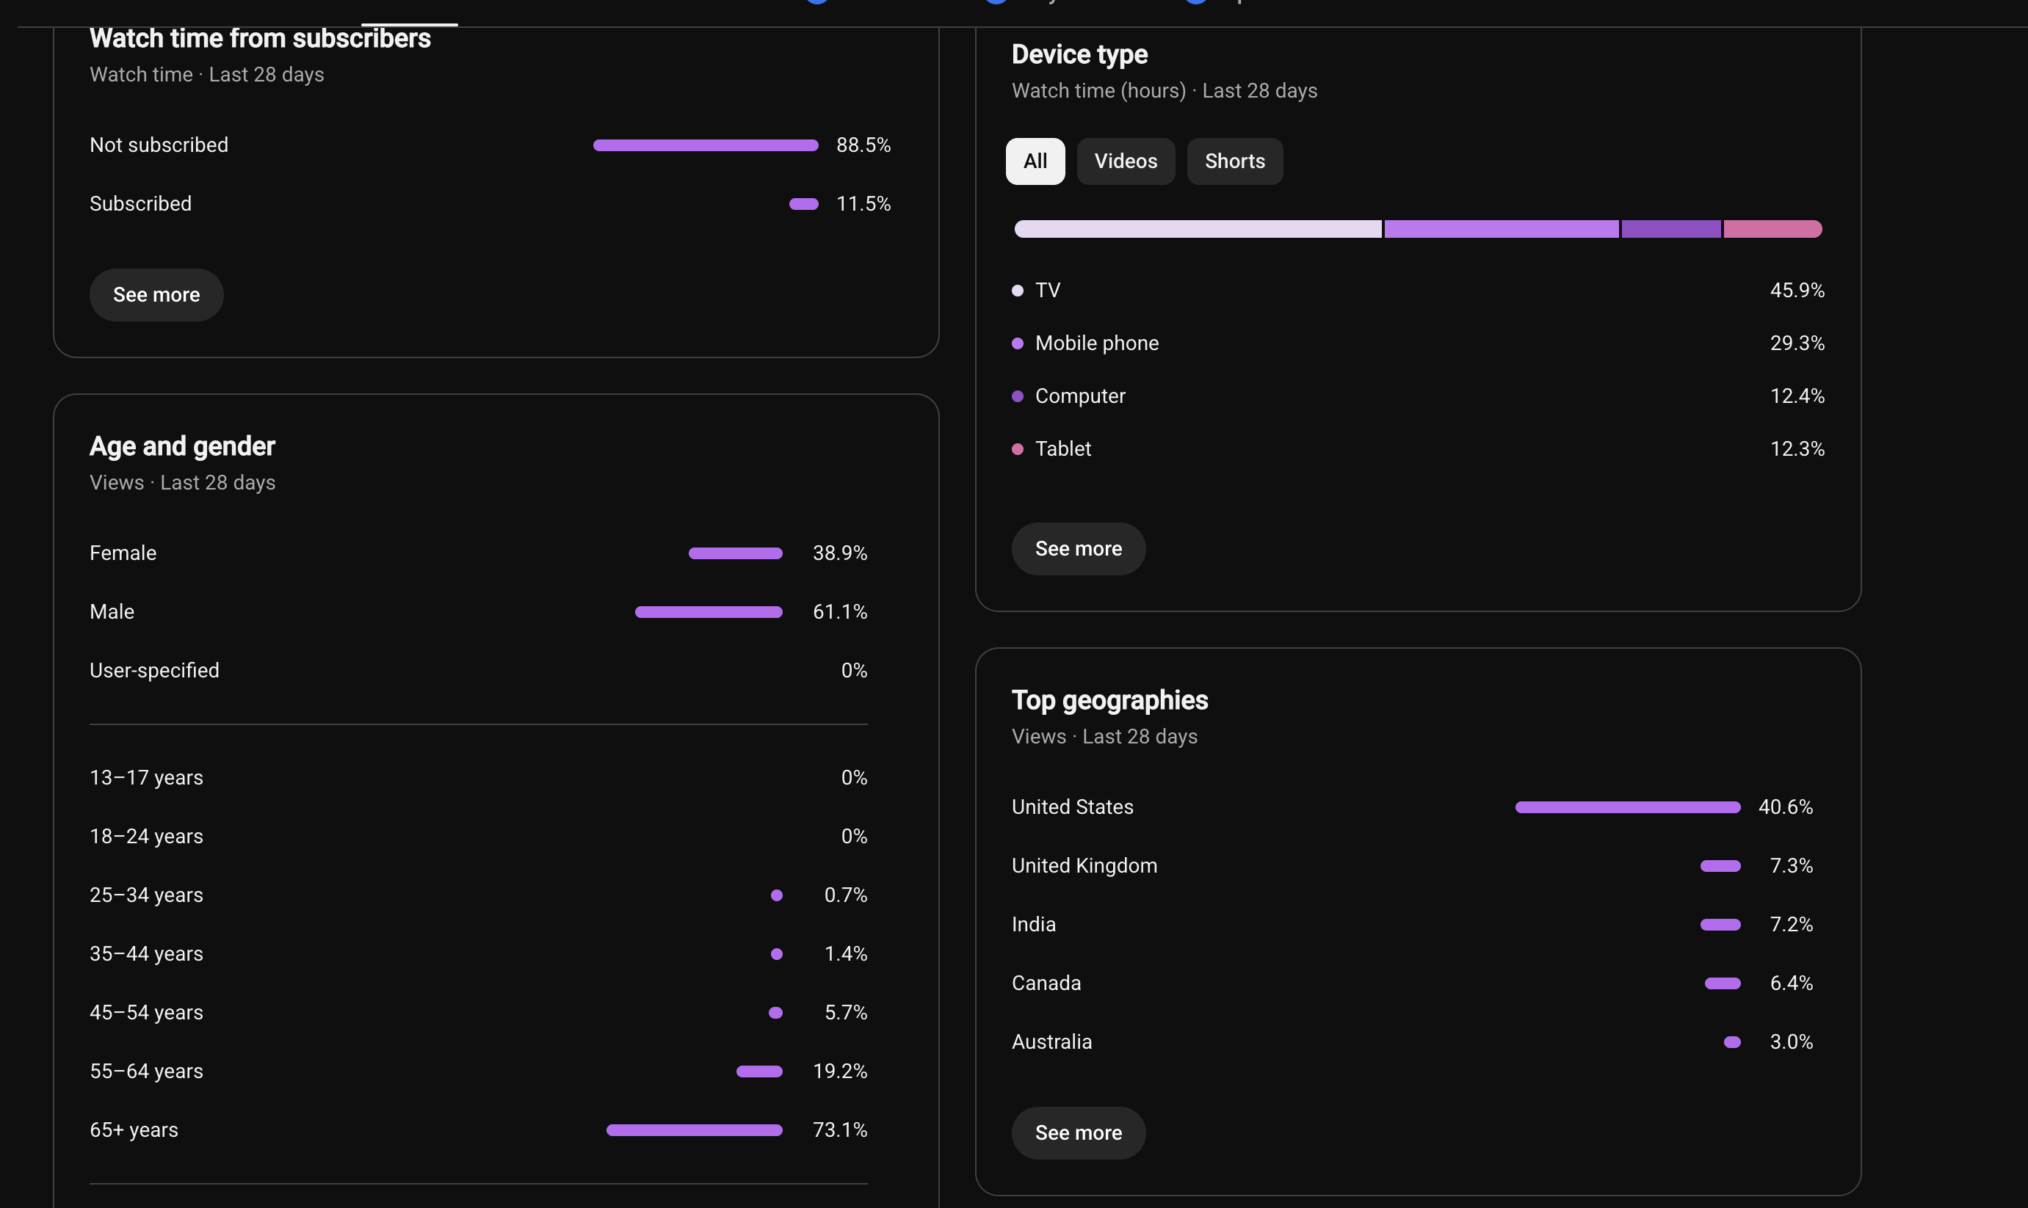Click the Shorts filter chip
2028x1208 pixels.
[x=1234, y=161]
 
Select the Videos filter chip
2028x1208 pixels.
[x=1125, y=161]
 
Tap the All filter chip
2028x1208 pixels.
[x=1035, y=161]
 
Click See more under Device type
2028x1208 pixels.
[x=1078, y=549]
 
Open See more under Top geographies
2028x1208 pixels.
[x=1078, y=1132]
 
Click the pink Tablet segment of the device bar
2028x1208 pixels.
[x=1772, y=229]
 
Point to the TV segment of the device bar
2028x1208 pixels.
[x=1198, y=229]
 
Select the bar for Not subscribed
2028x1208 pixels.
[x=705, y=145]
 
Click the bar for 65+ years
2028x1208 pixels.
[x=694, y=1130]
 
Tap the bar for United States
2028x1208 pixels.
[x=1627, y=807]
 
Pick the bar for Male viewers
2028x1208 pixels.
[x=709, y=611]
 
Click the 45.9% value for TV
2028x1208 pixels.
[x=1797, y=291]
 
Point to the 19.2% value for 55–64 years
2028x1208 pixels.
[x=839, y=1071]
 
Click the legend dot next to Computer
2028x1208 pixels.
[x=1017, y=396]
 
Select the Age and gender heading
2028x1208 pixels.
[x=182, y=446]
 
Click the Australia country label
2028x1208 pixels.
[x=1051, y=1042]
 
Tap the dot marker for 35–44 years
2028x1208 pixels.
[x=776, y=954]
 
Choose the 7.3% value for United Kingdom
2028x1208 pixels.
[x=1791, y=865]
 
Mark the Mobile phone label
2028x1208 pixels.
[x=1097, y=343]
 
